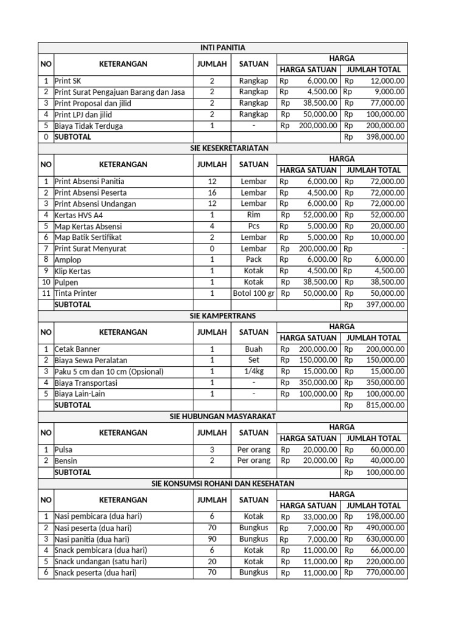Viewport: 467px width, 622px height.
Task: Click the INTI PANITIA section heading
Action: pyautogui.click(x=223, y=47)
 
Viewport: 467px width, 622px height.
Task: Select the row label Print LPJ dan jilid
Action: pyautogui.click(x=83, y=114)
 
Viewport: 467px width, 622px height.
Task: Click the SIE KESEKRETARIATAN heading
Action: pyautogui.click(x=223, y=148)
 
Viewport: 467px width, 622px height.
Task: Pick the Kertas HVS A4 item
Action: pyautogui.click(x=79, y=215)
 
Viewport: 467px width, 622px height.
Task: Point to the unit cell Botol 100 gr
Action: pyautogui.click(x=254, y=293)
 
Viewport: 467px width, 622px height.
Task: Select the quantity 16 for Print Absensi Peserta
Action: pyautogui.click(x=212, y=193)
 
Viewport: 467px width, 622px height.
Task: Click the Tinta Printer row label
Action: pyautogui.click(x=76, y=293)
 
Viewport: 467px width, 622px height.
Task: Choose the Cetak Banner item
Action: pyautogui.click(x=78, y=349)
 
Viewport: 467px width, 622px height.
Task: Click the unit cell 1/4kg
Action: pyautogui.click(x=254, y=371)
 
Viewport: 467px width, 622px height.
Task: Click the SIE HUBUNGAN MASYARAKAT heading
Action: pyautogui.click(x=223, y=416)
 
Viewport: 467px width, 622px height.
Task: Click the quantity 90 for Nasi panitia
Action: pyautogui.click(x=212, y=539)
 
